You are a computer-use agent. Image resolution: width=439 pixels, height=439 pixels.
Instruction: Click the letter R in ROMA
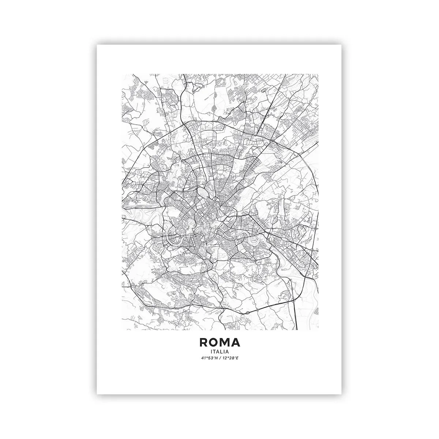tap(203, 342)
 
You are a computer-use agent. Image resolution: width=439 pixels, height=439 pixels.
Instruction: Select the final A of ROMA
tap(236, 342)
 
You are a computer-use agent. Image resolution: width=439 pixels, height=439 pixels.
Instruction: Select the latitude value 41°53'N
tap(209, 359)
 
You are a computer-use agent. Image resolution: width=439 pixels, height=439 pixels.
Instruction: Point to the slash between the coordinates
tap(219, 359)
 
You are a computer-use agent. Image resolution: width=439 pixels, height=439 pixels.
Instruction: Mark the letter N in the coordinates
tap(215, 359)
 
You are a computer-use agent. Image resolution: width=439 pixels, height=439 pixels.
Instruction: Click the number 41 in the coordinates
tap(203, 359)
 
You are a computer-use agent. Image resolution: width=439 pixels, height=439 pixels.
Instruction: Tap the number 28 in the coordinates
tap(230, 359)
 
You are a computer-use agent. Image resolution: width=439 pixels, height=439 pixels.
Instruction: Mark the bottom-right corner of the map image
tap(318, 330)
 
